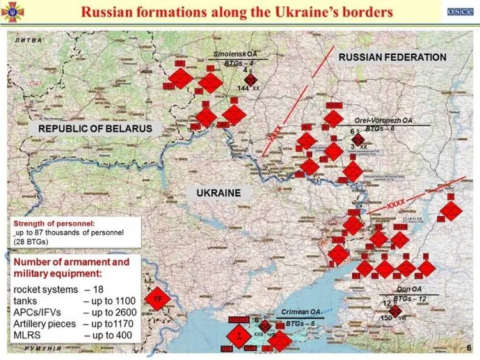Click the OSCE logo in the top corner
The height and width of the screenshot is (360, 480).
[458, 13]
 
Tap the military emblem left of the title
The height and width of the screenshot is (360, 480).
[13, 13]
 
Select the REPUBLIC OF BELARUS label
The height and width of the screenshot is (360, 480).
[95, 129]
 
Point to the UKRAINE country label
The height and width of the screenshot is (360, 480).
[218, 193]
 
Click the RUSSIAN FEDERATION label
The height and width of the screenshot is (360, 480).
[392, 57]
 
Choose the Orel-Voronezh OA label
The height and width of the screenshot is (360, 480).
[383, 120]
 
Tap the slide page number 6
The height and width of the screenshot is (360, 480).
[468, 347]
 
